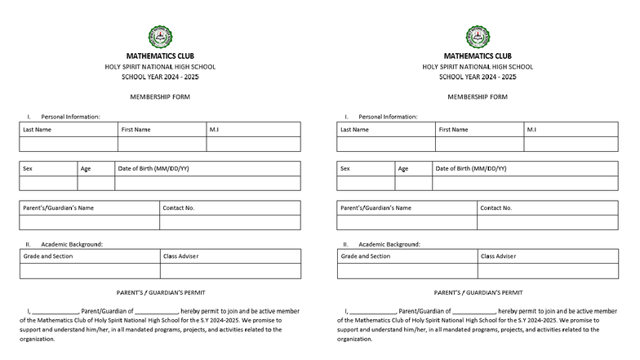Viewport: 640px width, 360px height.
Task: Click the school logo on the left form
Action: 160,37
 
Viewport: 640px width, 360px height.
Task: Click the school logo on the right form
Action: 478,37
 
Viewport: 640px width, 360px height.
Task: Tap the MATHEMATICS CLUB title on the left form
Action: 160,56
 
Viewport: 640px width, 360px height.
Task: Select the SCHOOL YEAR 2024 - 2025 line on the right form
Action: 478,77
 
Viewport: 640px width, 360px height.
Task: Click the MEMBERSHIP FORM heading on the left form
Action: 160,96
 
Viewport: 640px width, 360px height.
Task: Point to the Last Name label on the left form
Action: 37,129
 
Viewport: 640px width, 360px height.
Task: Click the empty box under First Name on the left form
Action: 162,144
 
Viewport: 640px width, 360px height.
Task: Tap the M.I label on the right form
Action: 531,129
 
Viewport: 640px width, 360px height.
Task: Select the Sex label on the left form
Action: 28,168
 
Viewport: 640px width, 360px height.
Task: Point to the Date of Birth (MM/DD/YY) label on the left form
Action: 153,168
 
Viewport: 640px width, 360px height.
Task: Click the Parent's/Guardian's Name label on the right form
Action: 376,207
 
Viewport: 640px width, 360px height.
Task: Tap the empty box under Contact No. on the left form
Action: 229,222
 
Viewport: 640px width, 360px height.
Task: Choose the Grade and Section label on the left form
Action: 47,256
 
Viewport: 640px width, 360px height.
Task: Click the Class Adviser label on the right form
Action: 498,256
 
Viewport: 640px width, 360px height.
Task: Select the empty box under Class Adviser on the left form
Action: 229,271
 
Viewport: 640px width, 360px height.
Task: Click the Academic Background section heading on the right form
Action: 389,244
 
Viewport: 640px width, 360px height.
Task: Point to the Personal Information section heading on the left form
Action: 70,117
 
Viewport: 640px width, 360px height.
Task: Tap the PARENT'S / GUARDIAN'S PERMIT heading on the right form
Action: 478,291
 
